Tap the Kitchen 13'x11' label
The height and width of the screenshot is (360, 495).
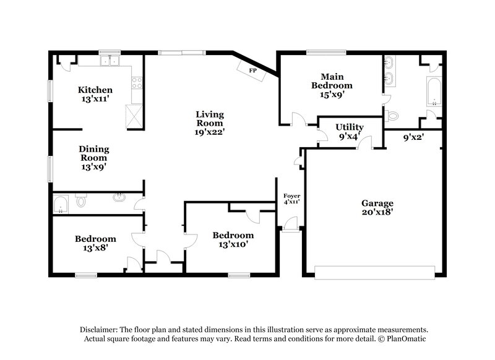point(95,95)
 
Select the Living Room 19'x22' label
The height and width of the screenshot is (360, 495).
point(210,122)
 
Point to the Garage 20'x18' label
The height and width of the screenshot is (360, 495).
point(377,208)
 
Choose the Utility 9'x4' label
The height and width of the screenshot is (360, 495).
point(350,132)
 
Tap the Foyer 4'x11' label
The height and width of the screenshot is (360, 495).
point(291,199)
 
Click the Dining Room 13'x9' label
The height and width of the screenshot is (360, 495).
point(94,157)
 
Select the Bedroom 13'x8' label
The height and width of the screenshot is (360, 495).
point(95,243)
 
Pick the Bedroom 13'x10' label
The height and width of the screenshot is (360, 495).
point(233,239)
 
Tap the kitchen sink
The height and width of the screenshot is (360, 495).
point(113,61)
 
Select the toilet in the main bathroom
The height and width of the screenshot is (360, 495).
point(392,115)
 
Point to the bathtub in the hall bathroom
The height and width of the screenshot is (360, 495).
point(61,204)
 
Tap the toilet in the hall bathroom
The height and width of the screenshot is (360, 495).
point(80,202)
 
